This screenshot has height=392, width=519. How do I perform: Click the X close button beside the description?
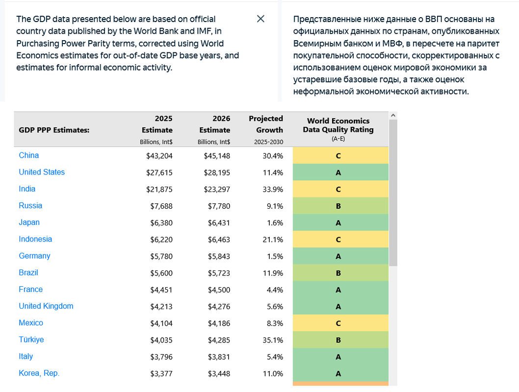coord(260,19)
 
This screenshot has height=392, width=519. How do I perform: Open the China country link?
coord(29,155)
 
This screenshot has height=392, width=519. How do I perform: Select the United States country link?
coord(42,172)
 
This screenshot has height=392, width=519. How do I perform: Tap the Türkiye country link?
coord(31,340)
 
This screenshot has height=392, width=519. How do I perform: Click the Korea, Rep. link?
coord(39,373)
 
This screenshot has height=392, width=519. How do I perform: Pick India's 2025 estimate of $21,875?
coord(159,190)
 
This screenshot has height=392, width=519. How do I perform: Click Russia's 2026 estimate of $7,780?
coord(219,206)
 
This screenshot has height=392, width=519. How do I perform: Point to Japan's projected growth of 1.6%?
coord(275,223)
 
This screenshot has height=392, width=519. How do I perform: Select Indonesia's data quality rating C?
coord(338,240)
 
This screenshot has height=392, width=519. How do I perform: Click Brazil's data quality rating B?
coord(338,273)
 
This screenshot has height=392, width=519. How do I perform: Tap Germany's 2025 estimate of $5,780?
coord(161,256)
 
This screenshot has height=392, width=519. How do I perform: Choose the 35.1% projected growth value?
coord(273,340)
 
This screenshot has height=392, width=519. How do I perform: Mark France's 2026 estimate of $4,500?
coord(219,290)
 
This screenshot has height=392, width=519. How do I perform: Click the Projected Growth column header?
coord(266,124)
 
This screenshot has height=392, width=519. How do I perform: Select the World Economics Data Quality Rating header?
coord(338,125)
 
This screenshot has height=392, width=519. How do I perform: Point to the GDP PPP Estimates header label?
coord(54,130)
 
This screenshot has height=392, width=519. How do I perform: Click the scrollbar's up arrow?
coord(393,115)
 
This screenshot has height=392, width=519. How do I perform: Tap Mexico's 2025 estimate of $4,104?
coord(161,323)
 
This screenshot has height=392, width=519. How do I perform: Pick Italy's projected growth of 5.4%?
coord(275,357)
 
